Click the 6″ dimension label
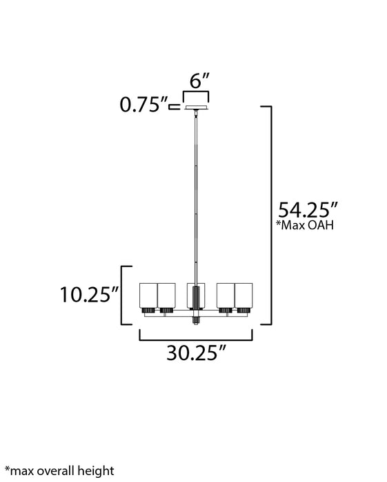tap(199, 81)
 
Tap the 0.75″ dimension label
tap(143, 105)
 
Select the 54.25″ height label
tap(308, 210)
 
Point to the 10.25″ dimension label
tap(89, 295)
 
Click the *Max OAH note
tap(305, 225)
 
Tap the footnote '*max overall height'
tap(59, 471)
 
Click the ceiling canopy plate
tap(196, 108)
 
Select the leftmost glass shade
tap(148, 295)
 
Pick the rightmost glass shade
tap(244, 295)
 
